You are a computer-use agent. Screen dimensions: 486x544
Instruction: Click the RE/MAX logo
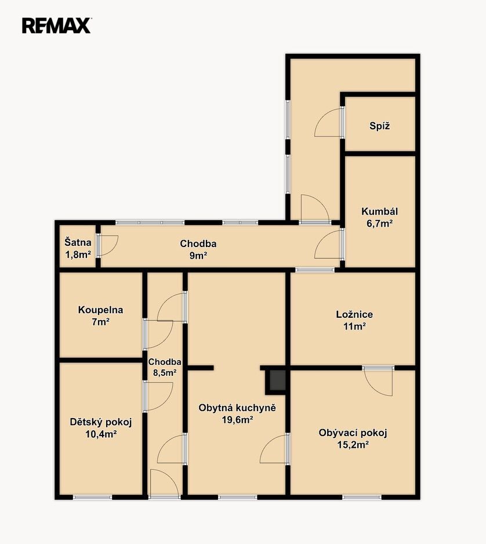56,26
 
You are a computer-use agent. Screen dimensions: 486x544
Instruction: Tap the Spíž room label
379,126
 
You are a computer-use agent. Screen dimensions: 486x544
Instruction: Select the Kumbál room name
379,211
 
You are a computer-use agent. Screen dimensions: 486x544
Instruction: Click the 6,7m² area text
379,223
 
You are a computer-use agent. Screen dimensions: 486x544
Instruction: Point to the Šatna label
78,242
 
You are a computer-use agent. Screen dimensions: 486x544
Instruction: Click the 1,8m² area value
78,255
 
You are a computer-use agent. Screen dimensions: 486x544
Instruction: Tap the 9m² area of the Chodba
198,256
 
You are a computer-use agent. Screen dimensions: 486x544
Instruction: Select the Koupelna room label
100,310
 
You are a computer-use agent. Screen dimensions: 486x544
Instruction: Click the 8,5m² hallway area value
165,373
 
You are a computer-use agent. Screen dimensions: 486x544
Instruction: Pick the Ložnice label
354,314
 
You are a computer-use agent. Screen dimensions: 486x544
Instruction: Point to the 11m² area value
355,327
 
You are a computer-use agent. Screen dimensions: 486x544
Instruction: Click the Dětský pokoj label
101,422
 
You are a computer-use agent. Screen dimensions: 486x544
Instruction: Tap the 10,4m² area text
101,434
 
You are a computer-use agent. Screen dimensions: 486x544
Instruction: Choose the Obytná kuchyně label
237,408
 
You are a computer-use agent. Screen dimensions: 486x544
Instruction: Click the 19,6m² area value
237,420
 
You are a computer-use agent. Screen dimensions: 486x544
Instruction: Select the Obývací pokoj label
353,433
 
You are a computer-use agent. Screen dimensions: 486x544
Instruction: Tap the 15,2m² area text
353,445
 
